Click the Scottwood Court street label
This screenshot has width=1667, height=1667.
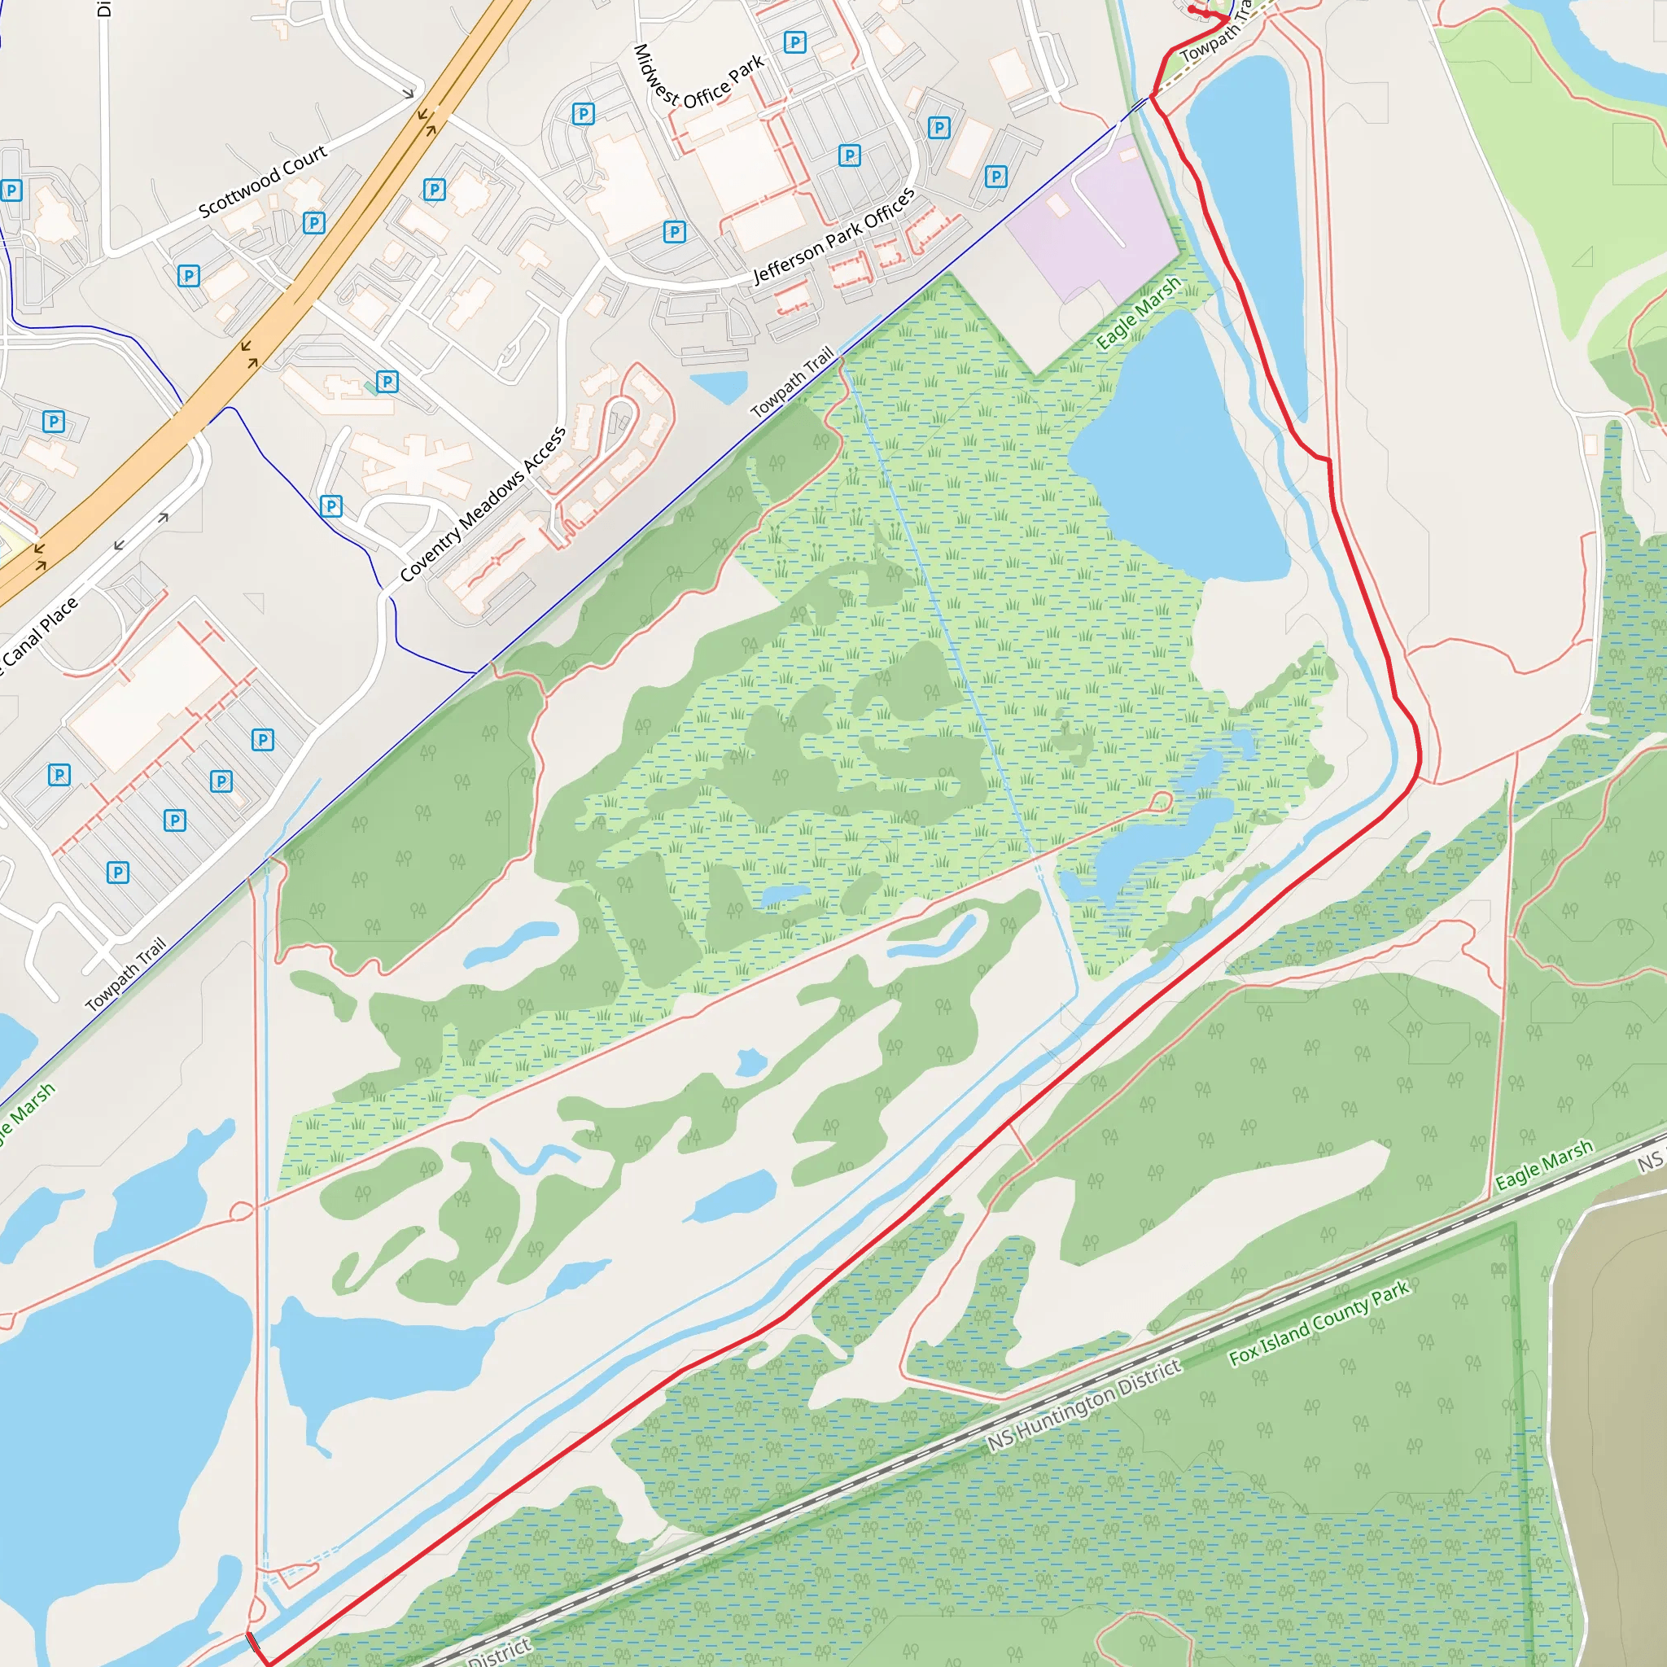click(x=262, y=181)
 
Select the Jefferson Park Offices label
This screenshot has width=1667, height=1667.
click(x=833, y=235)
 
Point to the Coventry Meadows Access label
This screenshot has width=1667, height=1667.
click(x=483, y=504)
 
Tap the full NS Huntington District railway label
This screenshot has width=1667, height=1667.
click(x=1083, y=1405)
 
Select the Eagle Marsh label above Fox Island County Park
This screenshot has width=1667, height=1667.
click(x=1543, y=1165)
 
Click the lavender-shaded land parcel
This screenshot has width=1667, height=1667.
click(x=1092, y=220)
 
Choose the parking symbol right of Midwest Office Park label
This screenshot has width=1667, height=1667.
click(x=794, y=42)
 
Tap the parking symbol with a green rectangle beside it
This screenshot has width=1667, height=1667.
click(x=387, y=382)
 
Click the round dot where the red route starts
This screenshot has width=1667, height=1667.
click(x=1192, y=10)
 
